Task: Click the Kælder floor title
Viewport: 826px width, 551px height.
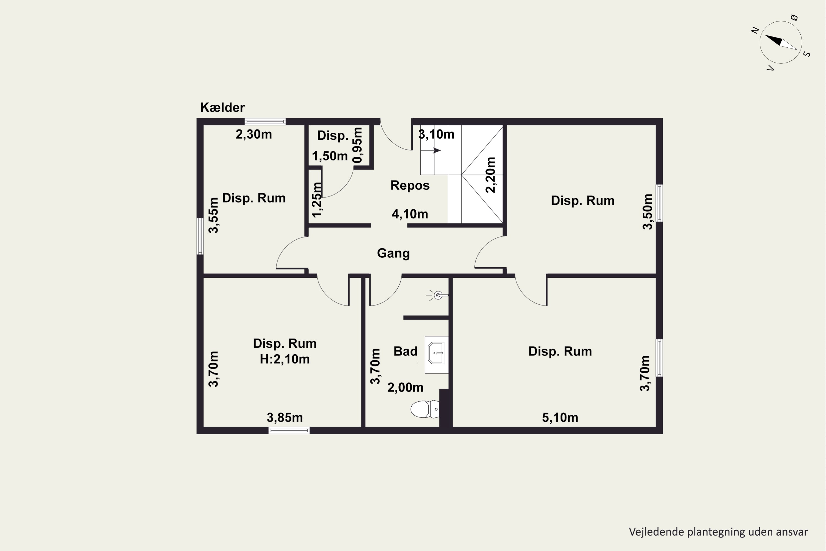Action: click(222, 107)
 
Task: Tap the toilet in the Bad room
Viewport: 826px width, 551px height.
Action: click(425, 409)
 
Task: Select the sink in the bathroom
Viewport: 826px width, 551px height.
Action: click(436, 355)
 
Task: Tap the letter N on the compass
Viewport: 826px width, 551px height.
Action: click(755, 31)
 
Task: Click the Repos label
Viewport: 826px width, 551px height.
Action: click(410, 185)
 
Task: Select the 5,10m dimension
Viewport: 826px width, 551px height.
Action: click(560, 417)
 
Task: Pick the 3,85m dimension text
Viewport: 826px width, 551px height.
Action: click(285, 417)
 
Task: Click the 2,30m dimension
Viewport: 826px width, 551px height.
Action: click(254, 134)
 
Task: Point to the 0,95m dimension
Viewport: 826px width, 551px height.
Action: click(357, 145)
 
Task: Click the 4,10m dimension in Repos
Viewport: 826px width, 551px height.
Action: click(410, 214)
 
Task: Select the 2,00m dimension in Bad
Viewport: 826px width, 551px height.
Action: click(405, 388)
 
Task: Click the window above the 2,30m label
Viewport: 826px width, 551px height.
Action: click(265, 121)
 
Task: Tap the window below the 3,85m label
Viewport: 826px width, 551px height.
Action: click(289, 430)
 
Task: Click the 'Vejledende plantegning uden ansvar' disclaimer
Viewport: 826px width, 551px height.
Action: click(718, 532)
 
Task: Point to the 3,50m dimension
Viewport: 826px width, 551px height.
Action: click(647, 212)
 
